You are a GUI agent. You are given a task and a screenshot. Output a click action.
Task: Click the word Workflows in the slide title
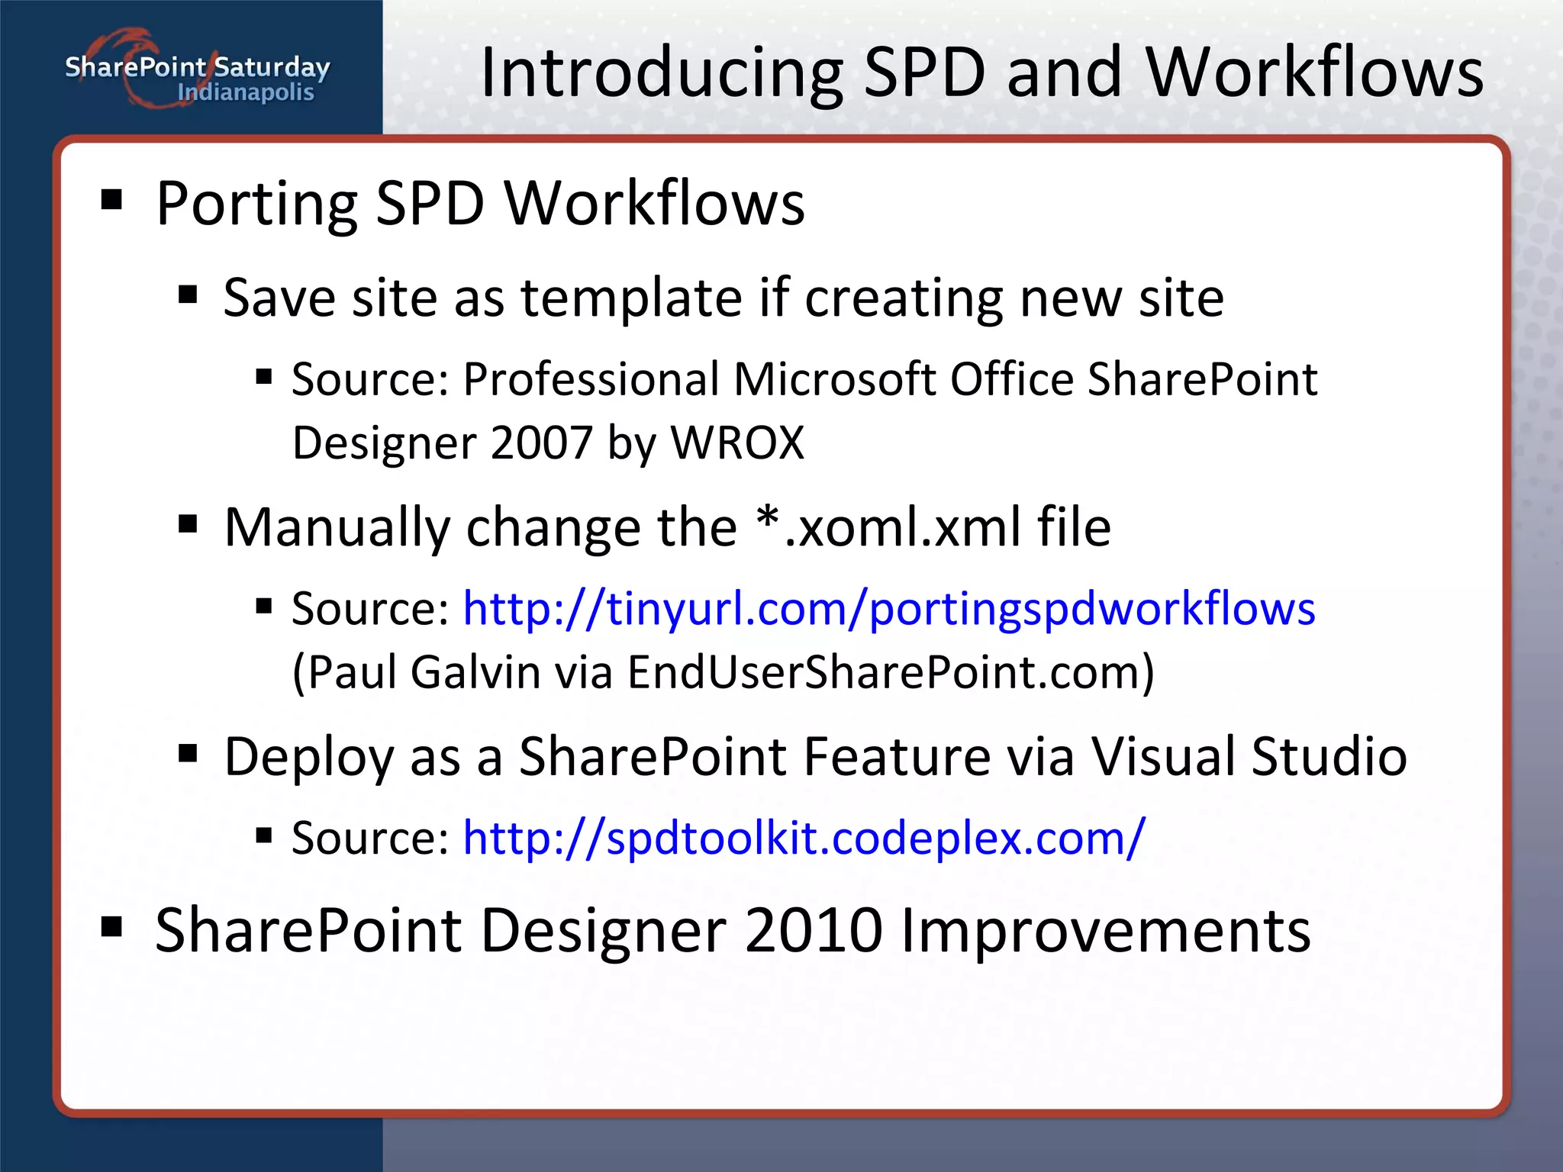1314,73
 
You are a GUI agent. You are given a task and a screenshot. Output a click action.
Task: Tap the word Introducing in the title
661,73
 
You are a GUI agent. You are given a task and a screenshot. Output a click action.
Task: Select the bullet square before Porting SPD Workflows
111,199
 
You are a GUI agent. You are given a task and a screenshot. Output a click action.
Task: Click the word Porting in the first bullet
256,204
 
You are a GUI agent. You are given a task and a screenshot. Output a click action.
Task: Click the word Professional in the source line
591,379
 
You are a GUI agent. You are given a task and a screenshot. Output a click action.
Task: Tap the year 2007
542,443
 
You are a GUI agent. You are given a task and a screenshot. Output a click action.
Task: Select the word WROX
737,443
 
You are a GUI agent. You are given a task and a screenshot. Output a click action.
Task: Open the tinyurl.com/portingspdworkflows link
889,610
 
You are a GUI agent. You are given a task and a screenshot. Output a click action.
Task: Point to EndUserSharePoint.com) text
891,673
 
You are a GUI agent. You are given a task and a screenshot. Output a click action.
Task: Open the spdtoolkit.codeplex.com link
804,839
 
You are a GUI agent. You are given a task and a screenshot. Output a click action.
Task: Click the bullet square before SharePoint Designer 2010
111,926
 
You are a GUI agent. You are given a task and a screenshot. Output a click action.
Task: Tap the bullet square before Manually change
188,524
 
